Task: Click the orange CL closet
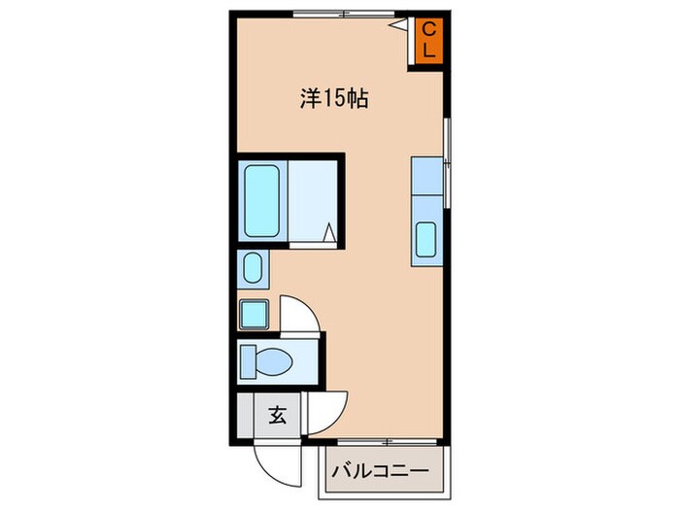tap(428, 41)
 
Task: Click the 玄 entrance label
tap(277, 417)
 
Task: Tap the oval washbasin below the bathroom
tap(252, 268)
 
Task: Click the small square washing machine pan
tap(254, 315)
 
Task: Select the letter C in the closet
tap(428, 31)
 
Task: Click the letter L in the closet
tap(428, 51)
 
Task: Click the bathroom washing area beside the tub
tap(311, 199)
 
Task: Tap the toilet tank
tap(248, 361)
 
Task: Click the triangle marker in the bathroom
tap(329, 233)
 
